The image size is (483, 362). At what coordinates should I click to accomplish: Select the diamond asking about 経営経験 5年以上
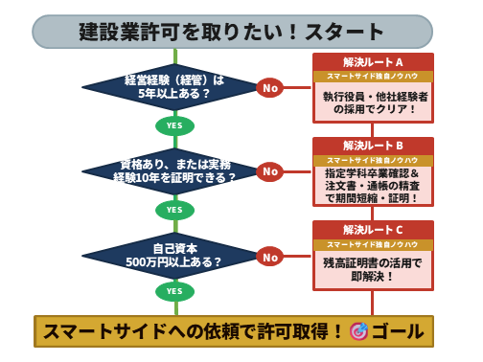click(173, 88)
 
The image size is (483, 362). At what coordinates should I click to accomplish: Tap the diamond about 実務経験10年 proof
click(173, 171)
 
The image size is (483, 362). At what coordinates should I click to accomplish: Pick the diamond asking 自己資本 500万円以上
click(173, 255)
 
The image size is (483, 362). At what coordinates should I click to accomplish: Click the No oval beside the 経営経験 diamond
click(270, 88)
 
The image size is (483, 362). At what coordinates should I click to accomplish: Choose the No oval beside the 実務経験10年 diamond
click(270, 171)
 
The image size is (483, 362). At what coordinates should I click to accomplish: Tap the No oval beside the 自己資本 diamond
click(270, 256)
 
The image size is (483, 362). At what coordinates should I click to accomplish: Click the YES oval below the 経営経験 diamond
click(174, 125)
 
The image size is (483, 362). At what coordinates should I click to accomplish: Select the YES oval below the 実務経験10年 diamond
click(174, 209)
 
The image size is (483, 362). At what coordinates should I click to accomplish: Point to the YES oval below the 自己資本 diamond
click(174, 291)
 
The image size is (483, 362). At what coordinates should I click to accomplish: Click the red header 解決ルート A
click(373, 62)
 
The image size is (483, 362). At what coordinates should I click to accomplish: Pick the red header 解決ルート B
click(373, 146)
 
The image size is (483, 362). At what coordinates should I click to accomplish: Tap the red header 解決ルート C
click(373, 230)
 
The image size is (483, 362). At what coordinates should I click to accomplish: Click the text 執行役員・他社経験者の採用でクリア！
click(373, 102)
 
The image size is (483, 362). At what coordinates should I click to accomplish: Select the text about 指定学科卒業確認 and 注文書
click(373, 186)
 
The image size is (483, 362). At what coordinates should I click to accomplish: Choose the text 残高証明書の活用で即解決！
click(373, 269)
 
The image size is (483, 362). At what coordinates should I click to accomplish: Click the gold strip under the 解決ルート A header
click(373, 78)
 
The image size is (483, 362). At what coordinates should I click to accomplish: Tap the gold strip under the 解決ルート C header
click(373, 245)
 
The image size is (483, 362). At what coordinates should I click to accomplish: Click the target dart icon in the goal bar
click(359, 331)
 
